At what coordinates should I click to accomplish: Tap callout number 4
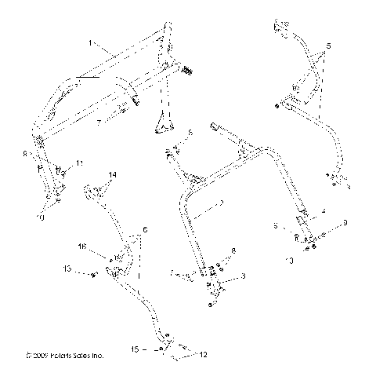point(321,211)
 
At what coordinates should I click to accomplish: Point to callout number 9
point(343,224)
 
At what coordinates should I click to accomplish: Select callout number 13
point(69,270)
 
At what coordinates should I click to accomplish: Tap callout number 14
point(112,174)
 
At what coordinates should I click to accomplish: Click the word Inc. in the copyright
point(99,356)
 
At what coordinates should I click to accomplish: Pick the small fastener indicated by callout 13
point(92,273)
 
